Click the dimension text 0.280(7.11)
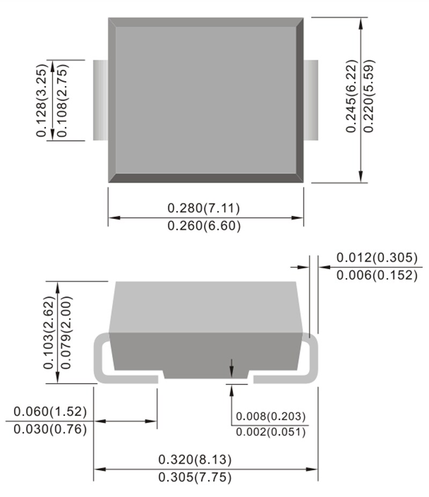(x=204, y=208)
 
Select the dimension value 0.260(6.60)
(x=204, y=226)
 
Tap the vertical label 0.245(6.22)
(x=351, y=96)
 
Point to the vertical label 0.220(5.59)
(x=368, y=96)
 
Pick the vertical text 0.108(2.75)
(x=60, y=101)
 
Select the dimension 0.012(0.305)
(x=376, y=258)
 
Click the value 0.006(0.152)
(x=376, y=275)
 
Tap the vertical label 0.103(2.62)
(x=50, y=333)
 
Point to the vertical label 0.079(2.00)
(x=67, y=333)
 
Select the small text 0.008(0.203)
(x=271, y=416)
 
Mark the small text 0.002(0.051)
(x=271, y=432)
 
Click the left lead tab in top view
(x=100, y=100)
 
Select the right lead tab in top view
(x=311, y=100)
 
